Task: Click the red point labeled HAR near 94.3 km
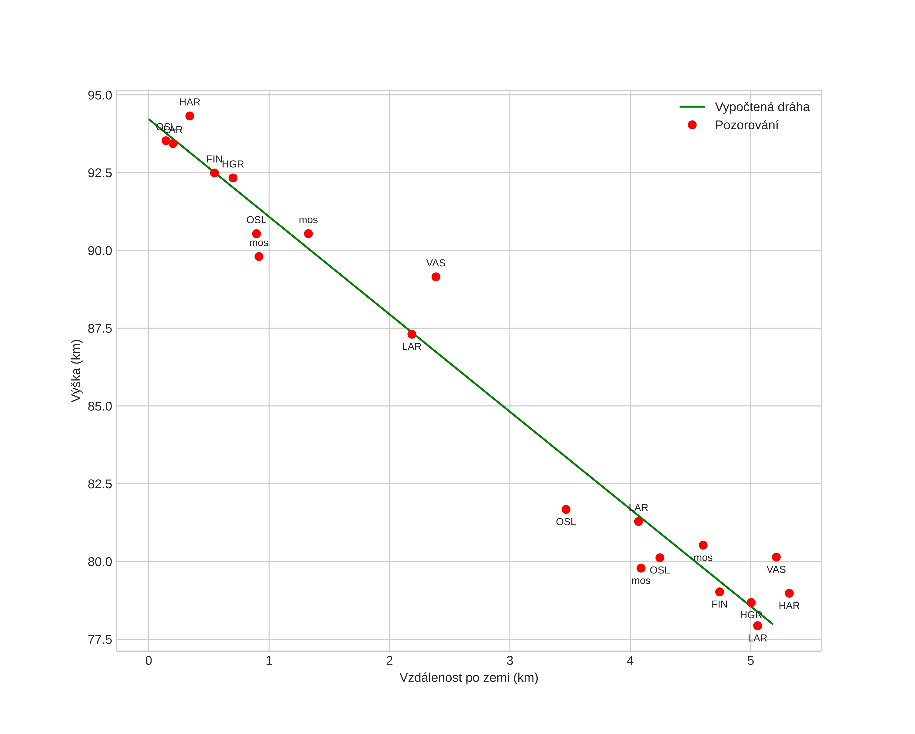coord(190,116)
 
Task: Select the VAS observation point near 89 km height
coord(436,277)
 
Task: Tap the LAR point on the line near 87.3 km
coord(412,334)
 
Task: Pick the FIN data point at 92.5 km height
coord(214,173)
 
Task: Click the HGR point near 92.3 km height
coord(233,178)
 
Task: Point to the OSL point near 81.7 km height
coord(566,509)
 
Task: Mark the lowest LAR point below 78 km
coord(757,626)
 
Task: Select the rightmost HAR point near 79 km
coord(790,594)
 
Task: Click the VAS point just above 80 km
coord(776,557)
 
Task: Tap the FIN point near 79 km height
coord(720,592)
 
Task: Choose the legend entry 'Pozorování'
coord(746,125)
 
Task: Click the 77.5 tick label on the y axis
coord(100,640)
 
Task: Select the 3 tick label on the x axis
coord(510,661)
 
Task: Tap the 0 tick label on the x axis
coord(149,661)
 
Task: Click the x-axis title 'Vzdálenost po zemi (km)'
coord(469,678)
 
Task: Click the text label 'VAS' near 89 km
coord(436,263)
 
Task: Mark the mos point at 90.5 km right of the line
coord(309,234)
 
